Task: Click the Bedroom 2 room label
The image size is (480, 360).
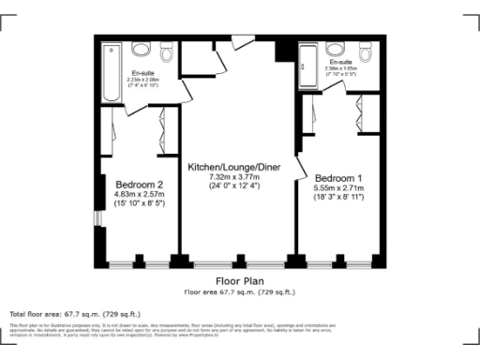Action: coord(139,184)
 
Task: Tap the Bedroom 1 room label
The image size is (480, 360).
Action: coord(338,178)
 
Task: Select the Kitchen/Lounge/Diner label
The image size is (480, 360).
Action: coord(233,167)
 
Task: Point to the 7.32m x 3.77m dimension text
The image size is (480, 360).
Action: coord(233,176)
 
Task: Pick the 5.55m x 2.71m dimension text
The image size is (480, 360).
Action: coord(338,187)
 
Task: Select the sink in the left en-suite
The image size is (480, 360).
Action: coord(141,49)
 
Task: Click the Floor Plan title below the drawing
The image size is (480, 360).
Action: coord(239,280)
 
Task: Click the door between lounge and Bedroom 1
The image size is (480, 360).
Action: coord(302,167)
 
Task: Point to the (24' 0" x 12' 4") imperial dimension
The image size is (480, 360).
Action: coord(233,186)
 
